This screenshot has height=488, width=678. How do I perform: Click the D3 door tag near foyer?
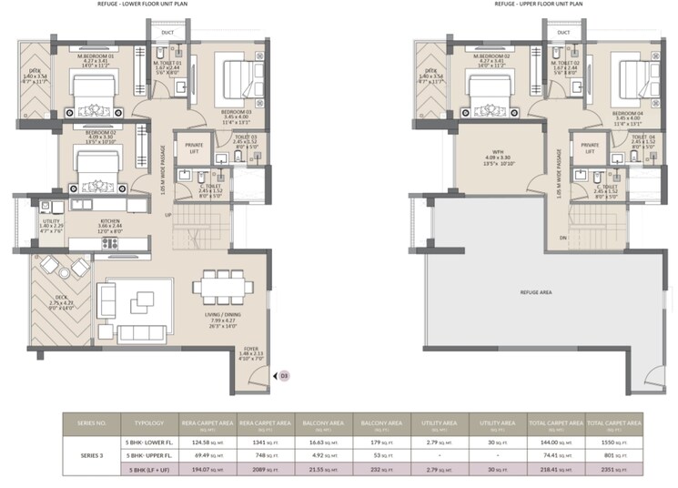[x=283, y=374]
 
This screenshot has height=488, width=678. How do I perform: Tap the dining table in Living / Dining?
[x=218, y=288]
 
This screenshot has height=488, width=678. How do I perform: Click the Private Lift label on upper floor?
[x=590, y=148]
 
